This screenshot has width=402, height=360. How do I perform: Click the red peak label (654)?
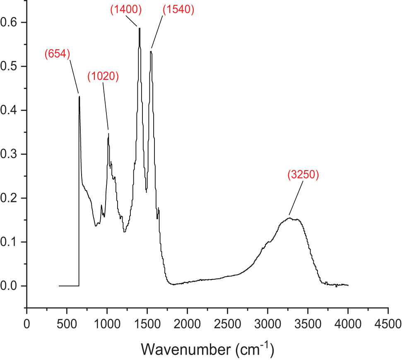[57, 53]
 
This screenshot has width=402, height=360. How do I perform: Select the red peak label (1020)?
[103, 76]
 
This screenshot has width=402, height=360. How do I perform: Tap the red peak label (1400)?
[126, 10]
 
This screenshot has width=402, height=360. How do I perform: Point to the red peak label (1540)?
[178, 10]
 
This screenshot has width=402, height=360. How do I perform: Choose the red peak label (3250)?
[303, 175]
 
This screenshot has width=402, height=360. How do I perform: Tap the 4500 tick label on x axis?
[388, 323]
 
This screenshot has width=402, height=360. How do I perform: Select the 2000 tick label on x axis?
[187, 323]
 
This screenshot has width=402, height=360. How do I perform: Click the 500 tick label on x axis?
[67, 323]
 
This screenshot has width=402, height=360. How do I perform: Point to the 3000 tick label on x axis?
[267, 323]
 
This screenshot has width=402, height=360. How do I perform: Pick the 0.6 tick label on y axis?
[10, 22]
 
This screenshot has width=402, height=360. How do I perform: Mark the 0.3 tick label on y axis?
[10, 154]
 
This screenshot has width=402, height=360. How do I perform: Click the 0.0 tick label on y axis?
[10, 286]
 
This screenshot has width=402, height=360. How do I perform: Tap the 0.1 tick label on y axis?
[10, 242]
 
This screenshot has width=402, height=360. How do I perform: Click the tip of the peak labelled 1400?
[140, 28]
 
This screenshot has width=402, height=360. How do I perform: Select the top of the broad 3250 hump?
[290, 218]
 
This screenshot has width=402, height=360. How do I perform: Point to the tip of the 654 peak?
[79, 96]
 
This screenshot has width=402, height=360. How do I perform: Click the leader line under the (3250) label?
[296, 199]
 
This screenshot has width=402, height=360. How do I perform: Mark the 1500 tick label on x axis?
[147, 323]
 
